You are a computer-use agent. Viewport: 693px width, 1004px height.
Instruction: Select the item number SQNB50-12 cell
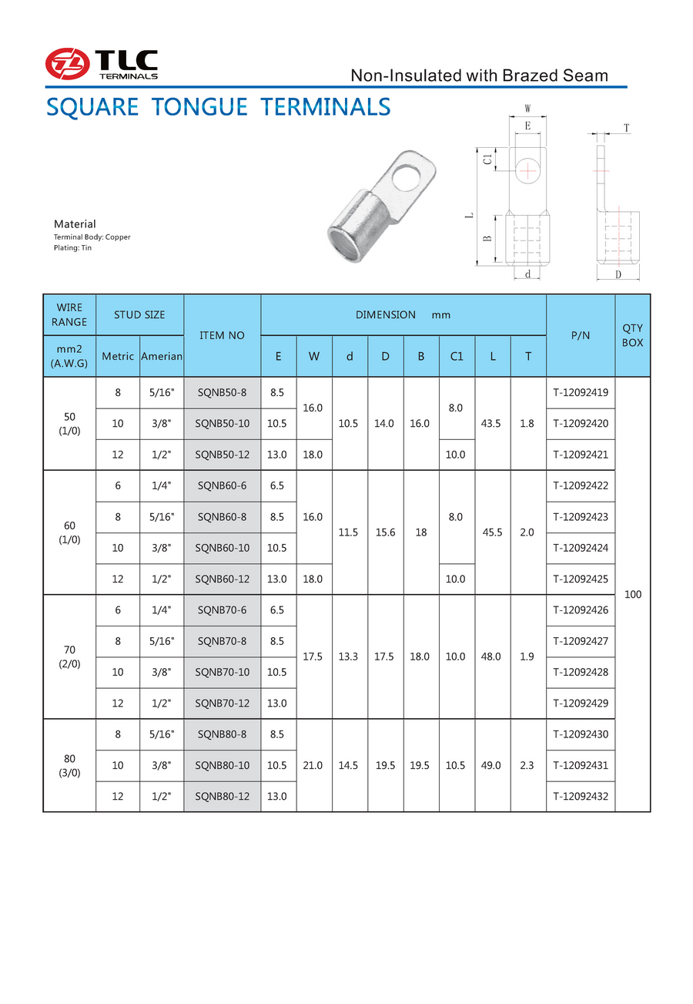[x=223, y=455]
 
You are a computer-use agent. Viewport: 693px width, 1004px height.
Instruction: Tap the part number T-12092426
[x=580, y=610]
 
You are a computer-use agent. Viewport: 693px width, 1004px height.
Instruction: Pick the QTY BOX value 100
[x=632, y=595]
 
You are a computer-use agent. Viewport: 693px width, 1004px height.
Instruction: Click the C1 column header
[x=457, y=357]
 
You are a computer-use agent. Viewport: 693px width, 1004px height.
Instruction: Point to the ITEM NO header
[x=222, y=335]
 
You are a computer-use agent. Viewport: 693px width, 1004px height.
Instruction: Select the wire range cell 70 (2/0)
[x=69, y=656]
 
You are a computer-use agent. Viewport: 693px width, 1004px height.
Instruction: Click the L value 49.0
[x=491, y=765]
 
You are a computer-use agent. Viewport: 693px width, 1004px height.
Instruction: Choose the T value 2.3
[x=527, y=765]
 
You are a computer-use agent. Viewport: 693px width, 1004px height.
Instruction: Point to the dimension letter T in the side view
[x=627, y=128]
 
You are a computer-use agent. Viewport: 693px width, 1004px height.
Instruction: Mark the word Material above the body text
[x=75, y=224]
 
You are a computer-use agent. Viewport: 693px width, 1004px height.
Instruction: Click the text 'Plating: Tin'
[x=72, y=248]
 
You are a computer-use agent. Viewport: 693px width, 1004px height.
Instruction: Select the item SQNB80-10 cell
[x=223, y=765]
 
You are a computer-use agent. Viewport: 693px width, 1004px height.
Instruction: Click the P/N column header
[x=580, y=335]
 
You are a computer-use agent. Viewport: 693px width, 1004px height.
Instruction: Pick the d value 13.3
[x=350, y=656]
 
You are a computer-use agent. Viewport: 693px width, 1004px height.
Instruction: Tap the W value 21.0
[x=313, y=765]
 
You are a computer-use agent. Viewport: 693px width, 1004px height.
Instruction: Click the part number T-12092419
[x=580, y=393]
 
